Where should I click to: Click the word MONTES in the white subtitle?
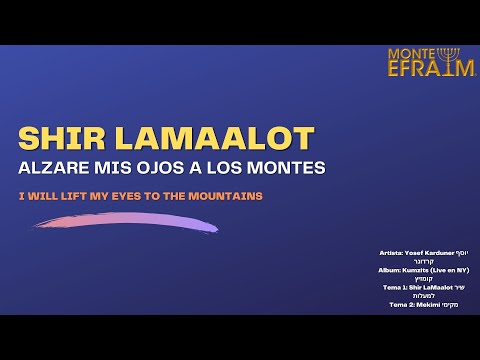coord(288,168)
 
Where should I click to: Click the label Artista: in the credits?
coord(393,254)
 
